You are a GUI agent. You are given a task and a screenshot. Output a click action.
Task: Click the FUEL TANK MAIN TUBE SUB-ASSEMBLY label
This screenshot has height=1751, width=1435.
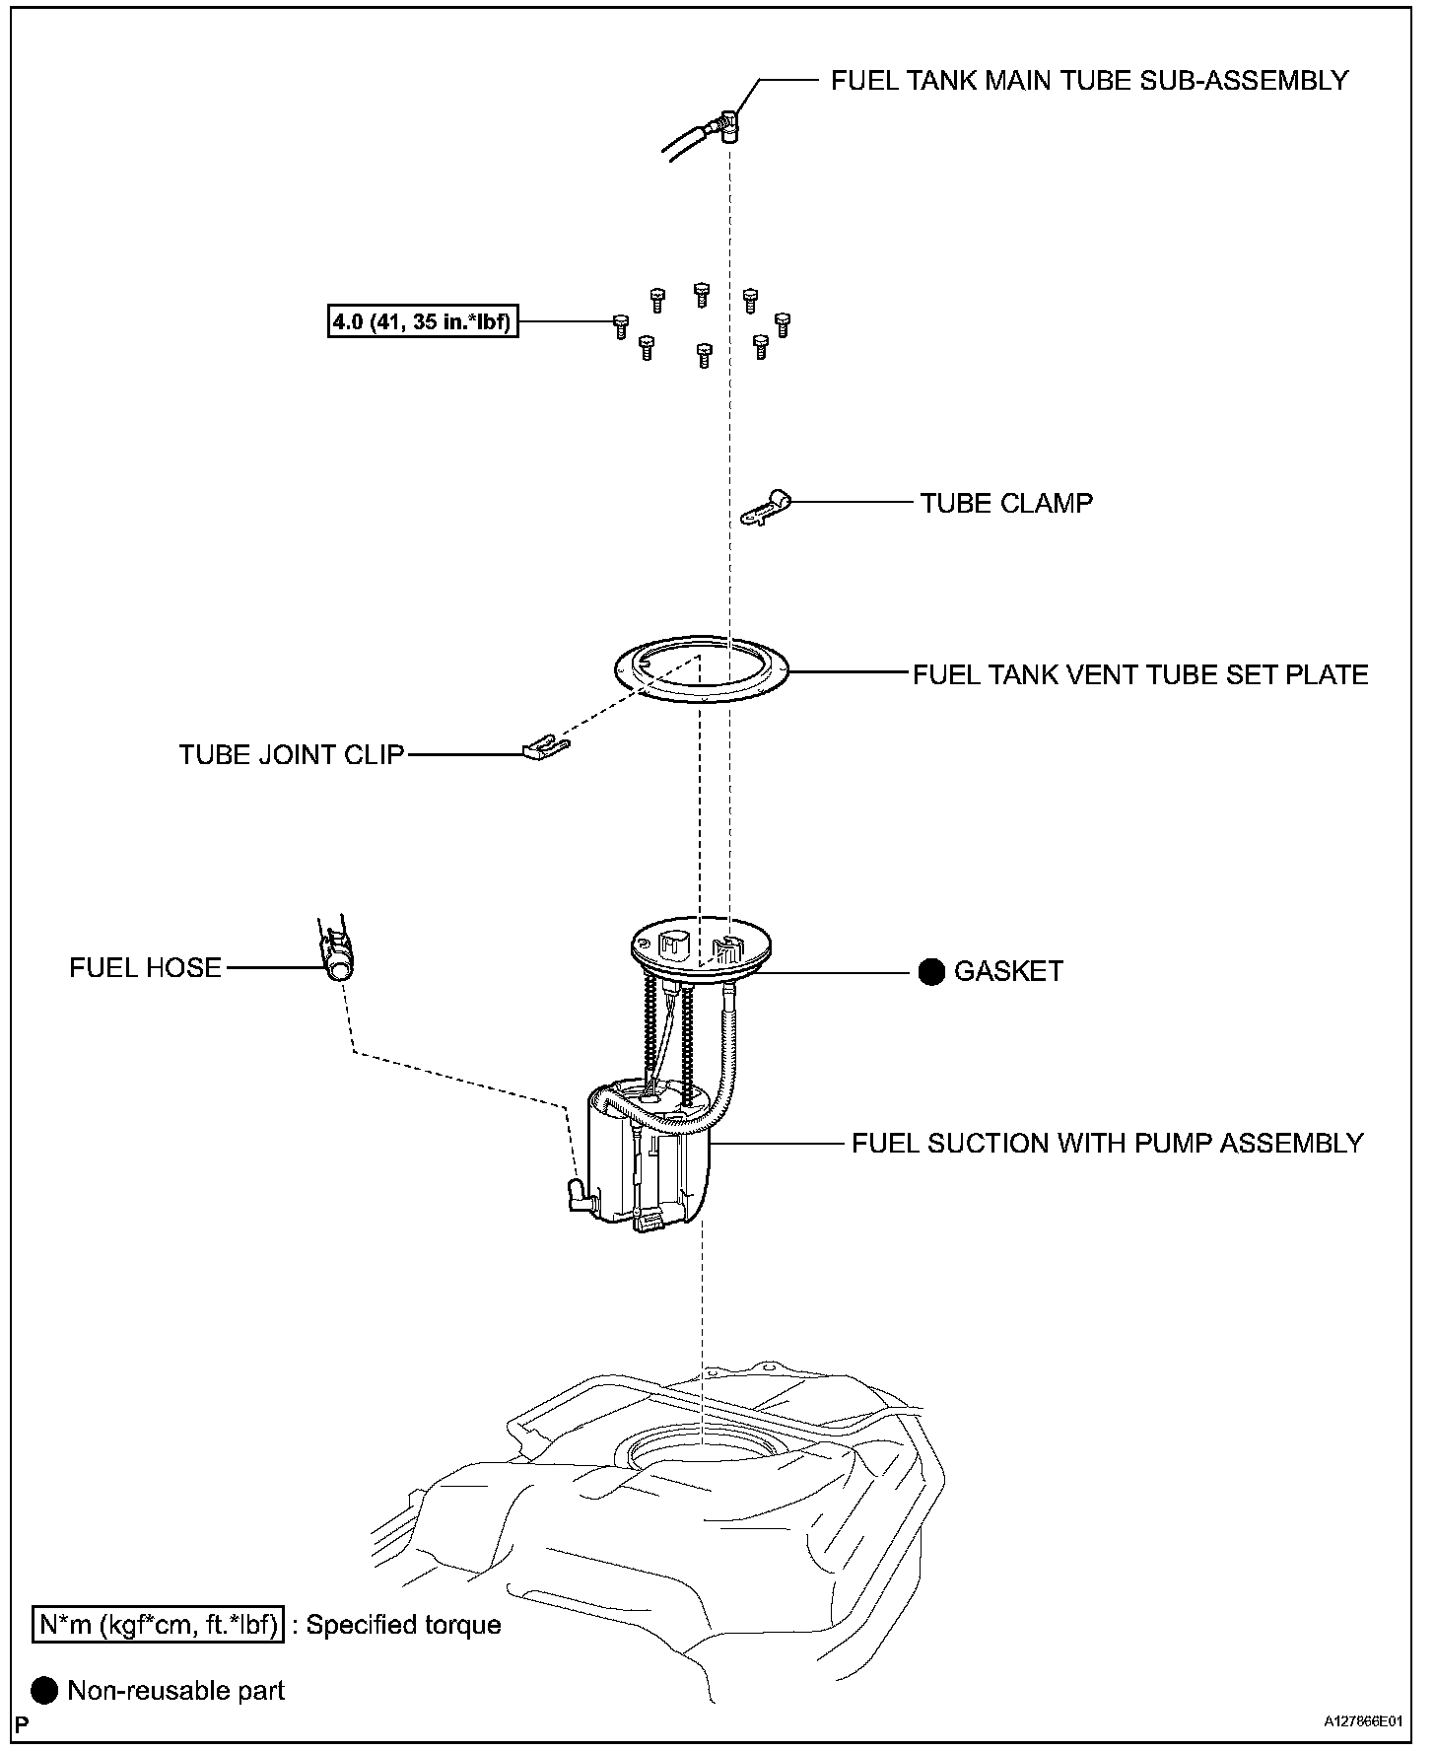[x=1089, y=81]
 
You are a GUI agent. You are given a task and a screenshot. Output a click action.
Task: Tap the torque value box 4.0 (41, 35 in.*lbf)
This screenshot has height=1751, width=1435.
[x=423, y=321]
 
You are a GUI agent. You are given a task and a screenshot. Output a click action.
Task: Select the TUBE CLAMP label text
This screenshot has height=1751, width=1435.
[x=1006, y=503]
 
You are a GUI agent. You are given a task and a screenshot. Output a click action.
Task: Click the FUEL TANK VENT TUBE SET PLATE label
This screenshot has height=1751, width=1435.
[x=1140, y=674]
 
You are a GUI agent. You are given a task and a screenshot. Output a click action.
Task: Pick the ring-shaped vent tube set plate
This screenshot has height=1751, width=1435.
[x=701, y=670]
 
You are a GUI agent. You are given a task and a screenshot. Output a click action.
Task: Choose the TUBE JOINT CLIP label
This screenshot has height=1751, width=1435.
[x=292, y=755]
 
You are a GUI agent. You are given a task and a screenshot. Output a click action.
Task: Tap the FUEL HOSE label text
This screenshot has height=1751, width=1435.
[x=145, y=968]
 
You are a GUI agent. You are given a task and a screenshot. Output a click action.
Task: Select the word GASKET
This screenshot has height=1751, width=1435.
[x=1008, y=972]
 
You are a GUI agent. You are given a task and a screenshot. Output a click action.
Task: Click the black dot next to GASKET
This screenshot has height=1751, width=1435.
[x=931, y=972]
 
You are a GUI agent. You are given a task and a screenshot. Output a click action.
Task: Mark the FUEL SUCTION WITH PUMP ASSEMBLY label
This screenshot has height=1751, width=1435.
[x=1107, y=1144]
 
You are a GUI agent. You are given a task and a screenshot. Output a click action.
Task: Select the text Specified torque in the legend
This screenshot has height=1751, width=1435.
[x=403, y=1625]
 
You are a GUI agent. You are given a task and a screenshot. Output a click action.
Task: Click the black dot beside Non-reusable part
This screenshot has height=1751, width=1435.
[x=45, y=1691]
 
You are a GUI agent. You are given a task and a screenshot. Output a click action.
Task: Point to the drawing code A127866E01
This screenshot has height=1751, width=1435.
[x=1362, y=1721]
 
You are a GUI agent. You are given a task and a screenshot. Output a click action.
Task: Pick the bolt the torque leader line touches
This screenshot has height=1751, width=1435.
[x=621, y=326]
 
